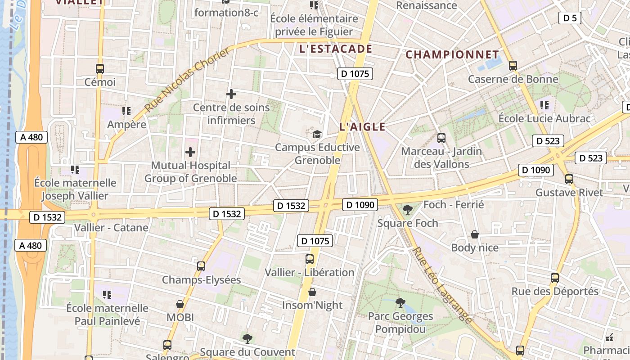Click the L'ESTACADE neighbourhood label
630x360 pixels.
(x=336, y=49)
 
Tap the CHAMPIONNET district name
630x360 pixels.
(x=452, y=54)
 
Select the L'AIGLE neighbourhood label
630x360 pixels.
(x=362, y=127)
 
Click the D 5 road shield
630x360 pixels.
(x=570, y=18)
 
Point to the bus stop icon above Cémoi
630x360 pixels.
(x=100, y=69)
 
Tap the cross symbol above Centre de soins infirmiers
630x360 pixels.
(x=231, y=94)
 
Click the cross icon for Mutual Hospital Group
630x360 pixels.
(x=190, y=152)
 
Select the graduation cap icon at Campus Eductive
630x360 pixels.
(x=317, y=134)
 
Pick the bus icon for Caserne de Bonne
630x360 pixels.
(x=513, y=66)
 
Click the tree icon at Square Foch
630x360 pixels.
(x=408, y=210)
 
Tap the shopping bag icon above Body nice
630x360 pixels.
(x=475, y=234)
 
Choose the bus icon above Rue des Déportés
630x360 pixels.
(x=555, y=278)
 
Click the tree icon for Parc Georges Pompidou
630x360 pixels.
(x=400, y=303)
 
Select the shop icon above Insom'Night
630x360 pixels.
(x=312, y=292)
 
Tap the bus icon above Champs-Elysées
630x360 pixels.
(x=201, y=266)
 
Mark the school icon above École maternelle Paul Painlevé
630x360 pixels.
(x=107, y=295)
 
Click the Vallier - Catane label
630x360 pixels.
(x=111, y=228)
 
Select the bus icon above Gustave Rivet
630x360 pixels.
(x=569, y=179)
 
